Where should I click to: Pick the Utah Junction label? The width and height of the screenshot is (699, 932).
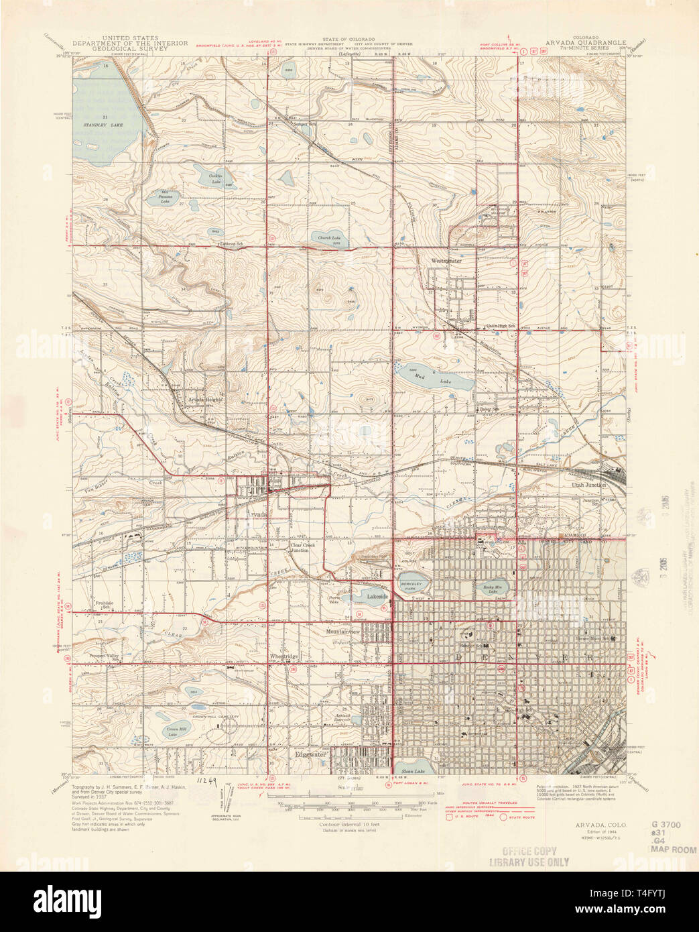[x=588, y=484]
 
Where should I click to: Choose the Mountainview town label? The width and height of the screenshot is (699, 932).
[x=343, y=632]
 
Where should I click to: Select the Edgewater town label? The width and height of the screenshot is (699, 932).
[x=310, y=754]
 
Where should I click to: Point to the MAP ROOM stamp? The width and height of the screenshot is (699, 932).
[x=672, y=849]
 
